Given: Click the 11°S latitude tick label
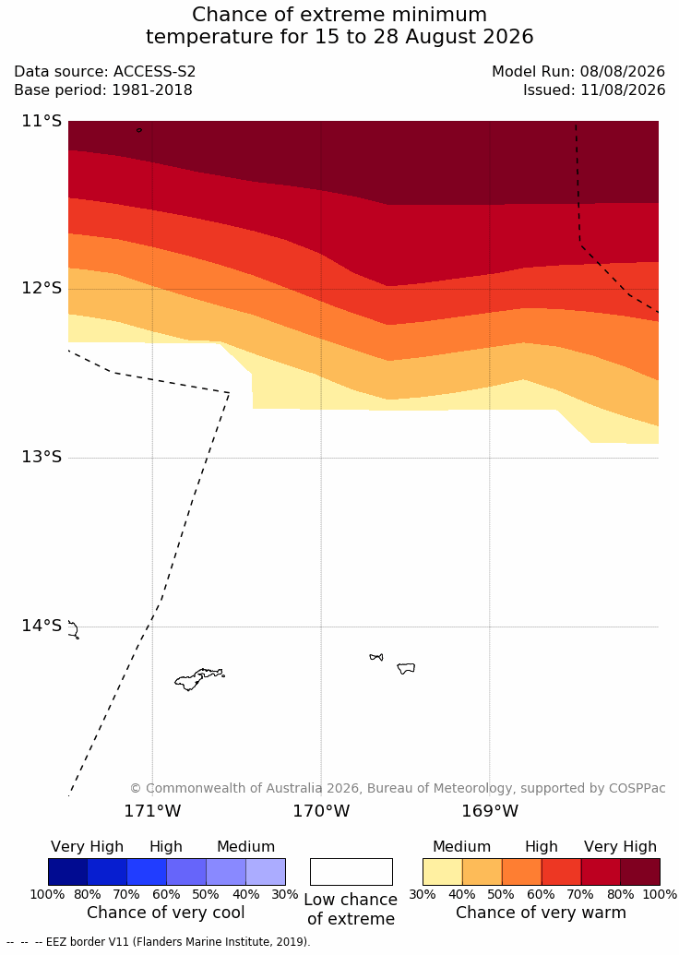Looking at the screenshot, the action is click(42, 121).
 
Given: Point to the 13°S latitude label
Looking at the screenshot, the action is click(42, 456).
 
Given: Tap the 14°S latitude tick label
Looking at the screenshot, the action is click(42, 626).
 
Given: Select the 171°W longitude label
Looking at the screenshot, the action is click(153, 811).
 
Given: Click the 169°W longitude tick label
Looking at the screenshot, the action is click(490, 811).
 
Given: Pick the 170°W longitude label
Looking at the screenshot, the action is click(322, 811).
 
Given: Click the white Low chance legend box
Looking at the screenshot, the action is click(351, 872).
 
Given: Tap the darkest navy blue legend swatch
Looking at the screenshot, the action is click(67, 872).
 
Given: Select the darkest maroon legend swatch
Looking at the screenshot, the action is click(640, 872).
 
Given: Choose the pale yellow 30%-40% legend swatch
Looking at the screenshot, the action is click(443, 872).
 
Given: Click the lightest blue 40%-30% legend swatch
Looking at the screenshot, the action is click(266, 872).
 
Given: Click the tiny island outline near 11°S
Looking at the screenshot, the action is click(139, 130).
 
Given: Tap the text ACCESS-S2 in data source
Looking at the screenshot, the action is click(155, 72).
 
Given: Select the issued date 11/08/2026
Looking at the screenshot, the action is click(623, 90).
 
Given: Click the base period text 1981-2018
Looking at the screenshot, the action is click(151, 90).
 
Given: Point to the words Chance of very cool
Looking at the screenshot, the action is click(166, 913).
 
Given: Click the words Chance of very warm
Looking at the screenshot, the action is click(541, 913).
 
